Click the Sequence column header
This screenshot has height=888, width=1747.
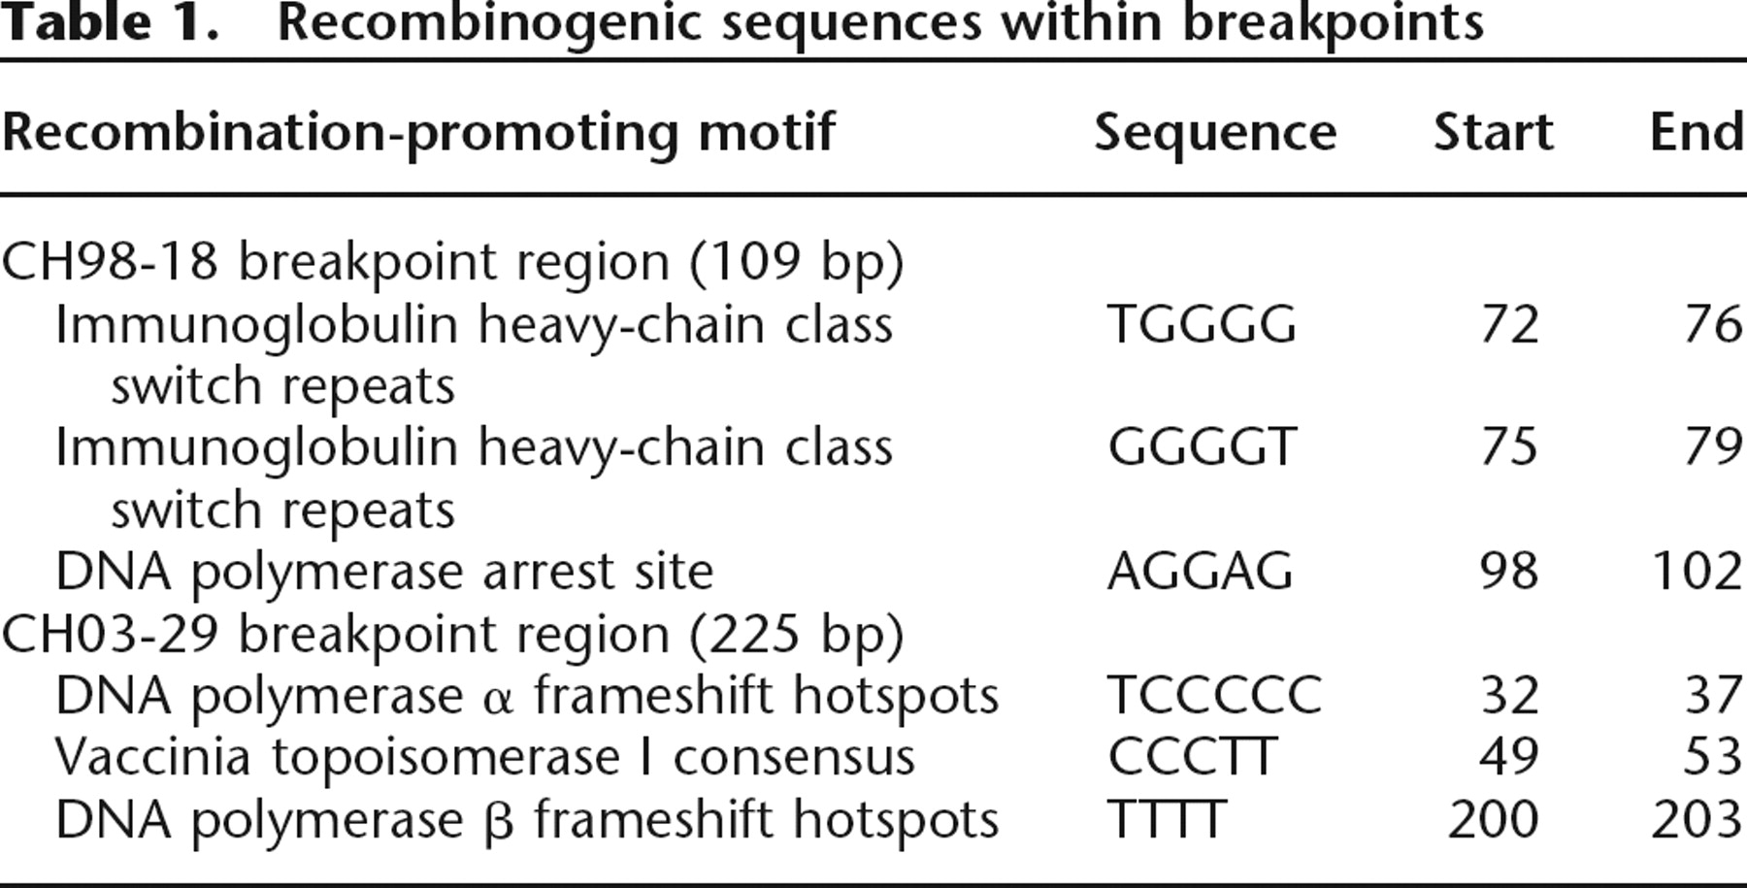(x=1215, y=132)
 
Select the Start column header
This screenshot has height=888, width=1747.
(x=1493, y=132)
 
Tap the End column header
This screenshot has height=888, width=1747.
(x=1697, y=132)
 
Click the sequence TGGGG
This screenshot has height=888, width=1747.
(x=1202, y=324)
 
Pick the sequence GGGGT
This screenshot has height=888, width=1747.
(x=1202, y=447)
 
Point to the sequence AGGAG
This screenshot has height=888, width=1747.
(x=1201, y=571)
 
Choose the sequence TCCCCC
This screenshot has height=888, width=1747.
(x=1214, y=695)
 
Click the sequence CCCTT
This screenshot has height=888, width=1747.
(x=1192, y=757)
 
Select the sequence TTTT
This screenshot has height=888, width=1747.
(x=1167, y=819)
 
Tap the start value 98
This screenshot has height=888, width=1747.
(x=1509, y=571)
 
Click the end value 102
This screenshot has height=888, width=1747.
(x=1697, y=571)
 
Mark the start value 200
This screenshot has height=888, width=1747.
(x=1493, y=819)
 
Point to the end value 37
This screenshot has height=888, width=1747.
(x=1713, y=695)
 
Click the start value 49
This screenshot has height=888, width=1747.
(x=1509, y=757)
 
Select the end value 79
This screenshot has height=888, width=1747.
(x=1713, y=447)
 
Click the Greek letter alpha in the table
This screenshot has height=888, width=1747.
(x=497, y=700)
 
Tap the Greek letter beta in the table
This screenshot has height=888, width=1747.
(x=498, y=823)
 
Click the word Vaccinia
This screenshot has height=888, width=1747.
(x=153, y=757)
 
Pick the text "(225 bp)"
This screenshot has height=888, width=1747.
(x=797, y=637)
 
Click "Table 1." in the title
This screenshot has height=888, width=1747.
(x=110, y=23)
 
